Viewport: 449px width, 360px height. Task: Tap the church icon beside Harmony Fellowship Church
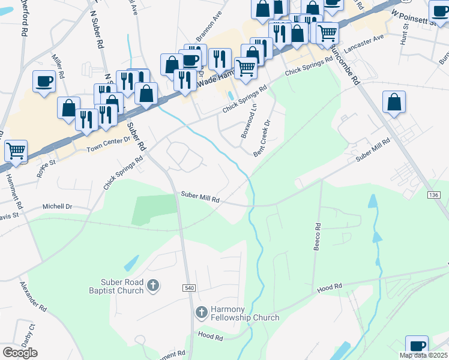pos(201,313)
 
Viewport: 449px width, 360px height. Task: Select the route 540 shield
pos(189,289)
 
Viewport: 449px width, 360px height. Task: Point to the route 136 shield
pos(435,196)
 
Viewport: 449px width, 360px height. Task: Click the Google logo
pos(20,353)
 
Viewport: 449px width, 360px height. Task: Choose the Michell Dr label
pos(57,206)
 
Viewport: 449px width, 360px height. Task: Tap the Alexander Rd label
pos(33,297)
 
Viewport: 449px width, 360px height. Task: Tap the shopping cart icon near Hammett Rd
pos(16,151)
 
